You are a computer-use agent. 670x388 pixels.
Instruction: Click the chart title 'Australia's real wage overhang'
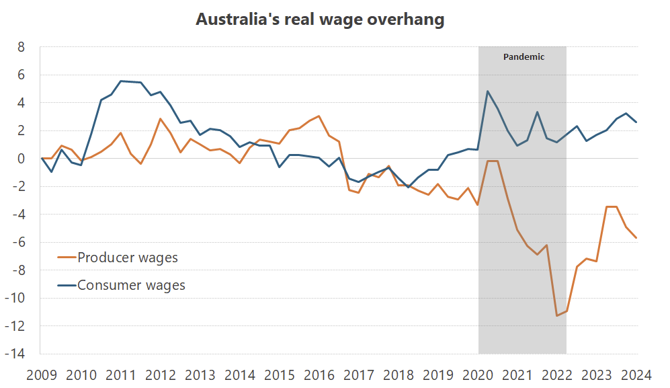click(x=320, y=20)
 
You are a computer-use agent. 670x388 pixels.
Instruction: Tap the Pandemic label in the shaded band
click(x=524, y=57)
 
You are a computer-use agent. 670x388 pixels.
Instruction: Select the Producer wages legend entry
click(x=128, y=257)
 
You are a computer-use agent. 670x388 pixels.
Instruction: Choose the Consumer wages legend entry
click(x=131, y=285)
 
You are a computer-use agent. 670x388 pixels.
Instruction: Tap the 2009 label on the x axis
click(x=41, y=375)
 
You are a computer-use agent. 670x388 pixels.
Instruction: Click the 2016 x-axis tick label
click(x=319, y=375)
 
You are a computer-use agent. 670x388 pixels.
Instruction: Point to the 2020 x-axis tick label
click(x=478, y=375)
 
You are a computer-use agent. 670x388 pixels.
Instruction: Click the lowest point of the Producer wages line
click(x=556, y=315)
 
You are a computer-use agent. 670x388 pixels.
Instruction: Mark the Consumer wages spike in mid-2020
click(x=487, y=91)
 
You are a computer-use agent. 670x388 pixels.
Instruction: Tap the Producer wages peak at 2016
click(x=319, y=116)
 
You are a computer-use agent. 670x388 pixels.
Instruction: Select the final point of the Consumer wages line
click(x=636, y=122)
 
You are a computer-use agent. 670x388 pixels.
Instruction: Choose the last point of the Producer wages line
click(x=636, y=238)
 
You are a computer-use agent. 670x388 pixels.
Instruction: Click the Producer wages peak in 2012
click(x=160, y=119)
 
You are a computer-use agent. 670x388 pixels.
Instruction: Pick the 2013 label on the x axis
click(x=200, y=375)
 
